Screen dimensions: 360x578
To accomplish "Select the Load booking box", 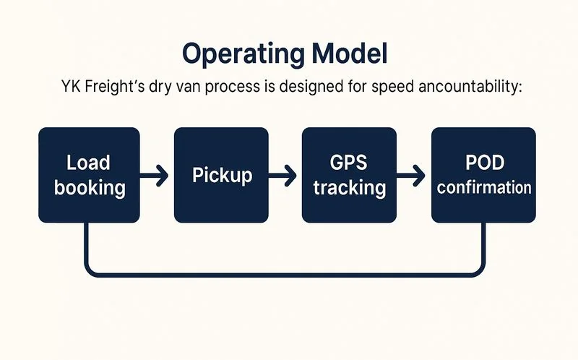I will (89, 174).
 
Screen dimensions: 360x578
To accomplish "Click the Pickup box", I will (221, 174).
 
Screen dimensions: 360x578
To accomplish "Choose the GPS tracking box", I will (349, 174).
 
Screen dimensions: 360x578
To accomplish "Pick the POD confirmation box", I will (483, 174).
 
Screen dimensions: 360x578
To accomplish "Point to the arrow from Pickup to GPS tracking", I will (284, 175).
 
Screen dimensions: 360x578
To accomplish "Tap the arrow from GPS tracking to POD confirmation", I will (413, 175).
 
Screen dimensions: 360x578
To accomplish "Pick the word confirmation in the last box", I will (483, 187).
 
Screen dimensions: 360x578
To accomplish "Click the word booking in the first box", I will (89, 188).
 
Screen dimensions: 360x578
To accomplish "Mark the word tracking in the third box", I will (349, 188).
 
